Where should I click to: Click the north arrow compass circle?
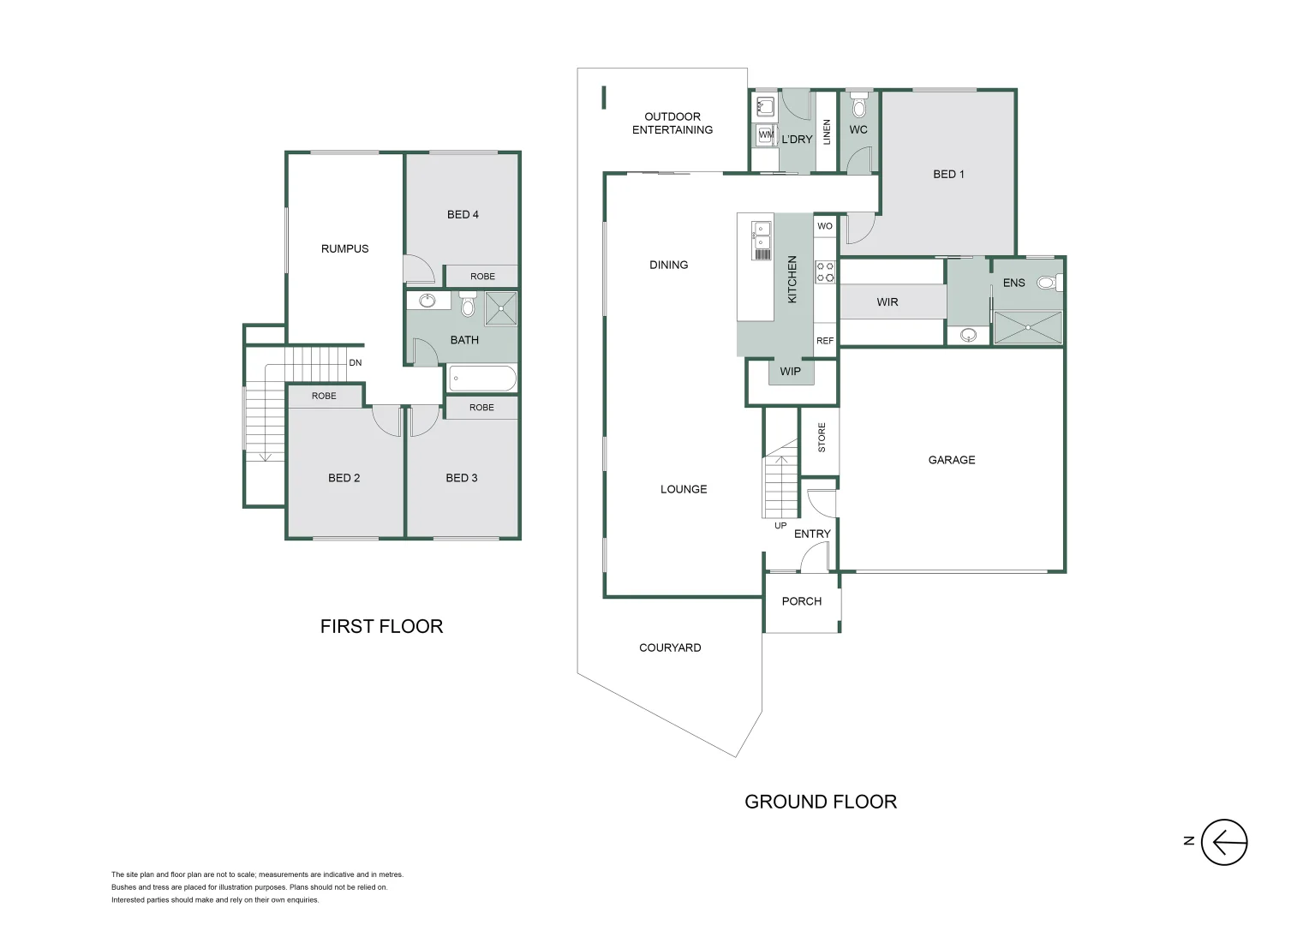[1223, 842]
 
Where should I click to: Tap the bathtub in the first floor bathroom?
[482, 378]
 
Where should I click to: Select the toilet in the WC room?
[859, 107]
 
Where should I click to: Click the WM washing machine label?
[765, 134]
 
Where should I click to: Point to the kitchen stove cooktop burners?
[825, 272]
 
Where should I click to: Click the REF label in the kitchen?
[825, 341]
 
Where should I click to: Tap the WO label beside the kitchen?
[825, 226]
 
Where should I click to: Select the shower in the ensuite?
[1027, 328]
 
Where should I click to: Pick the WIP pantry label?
[790, 372]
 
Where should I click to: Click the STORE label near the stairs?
[822, 437]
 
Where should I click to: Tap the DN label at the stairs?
[356, 363]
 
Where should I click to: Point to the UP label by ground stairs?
[780, 526]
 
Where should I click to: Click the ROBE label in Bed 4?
[482, 277]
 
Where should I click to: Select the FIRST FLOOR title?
[381, 626]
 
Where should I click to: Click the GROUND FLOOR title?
[821, 802]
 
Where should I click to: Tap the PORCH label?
[801, 601]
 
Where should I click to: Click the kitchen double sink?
[762, 236]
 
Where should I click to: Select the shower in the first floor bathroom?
[501, 308]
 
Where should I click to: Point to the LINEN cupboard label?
[827, 132]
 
